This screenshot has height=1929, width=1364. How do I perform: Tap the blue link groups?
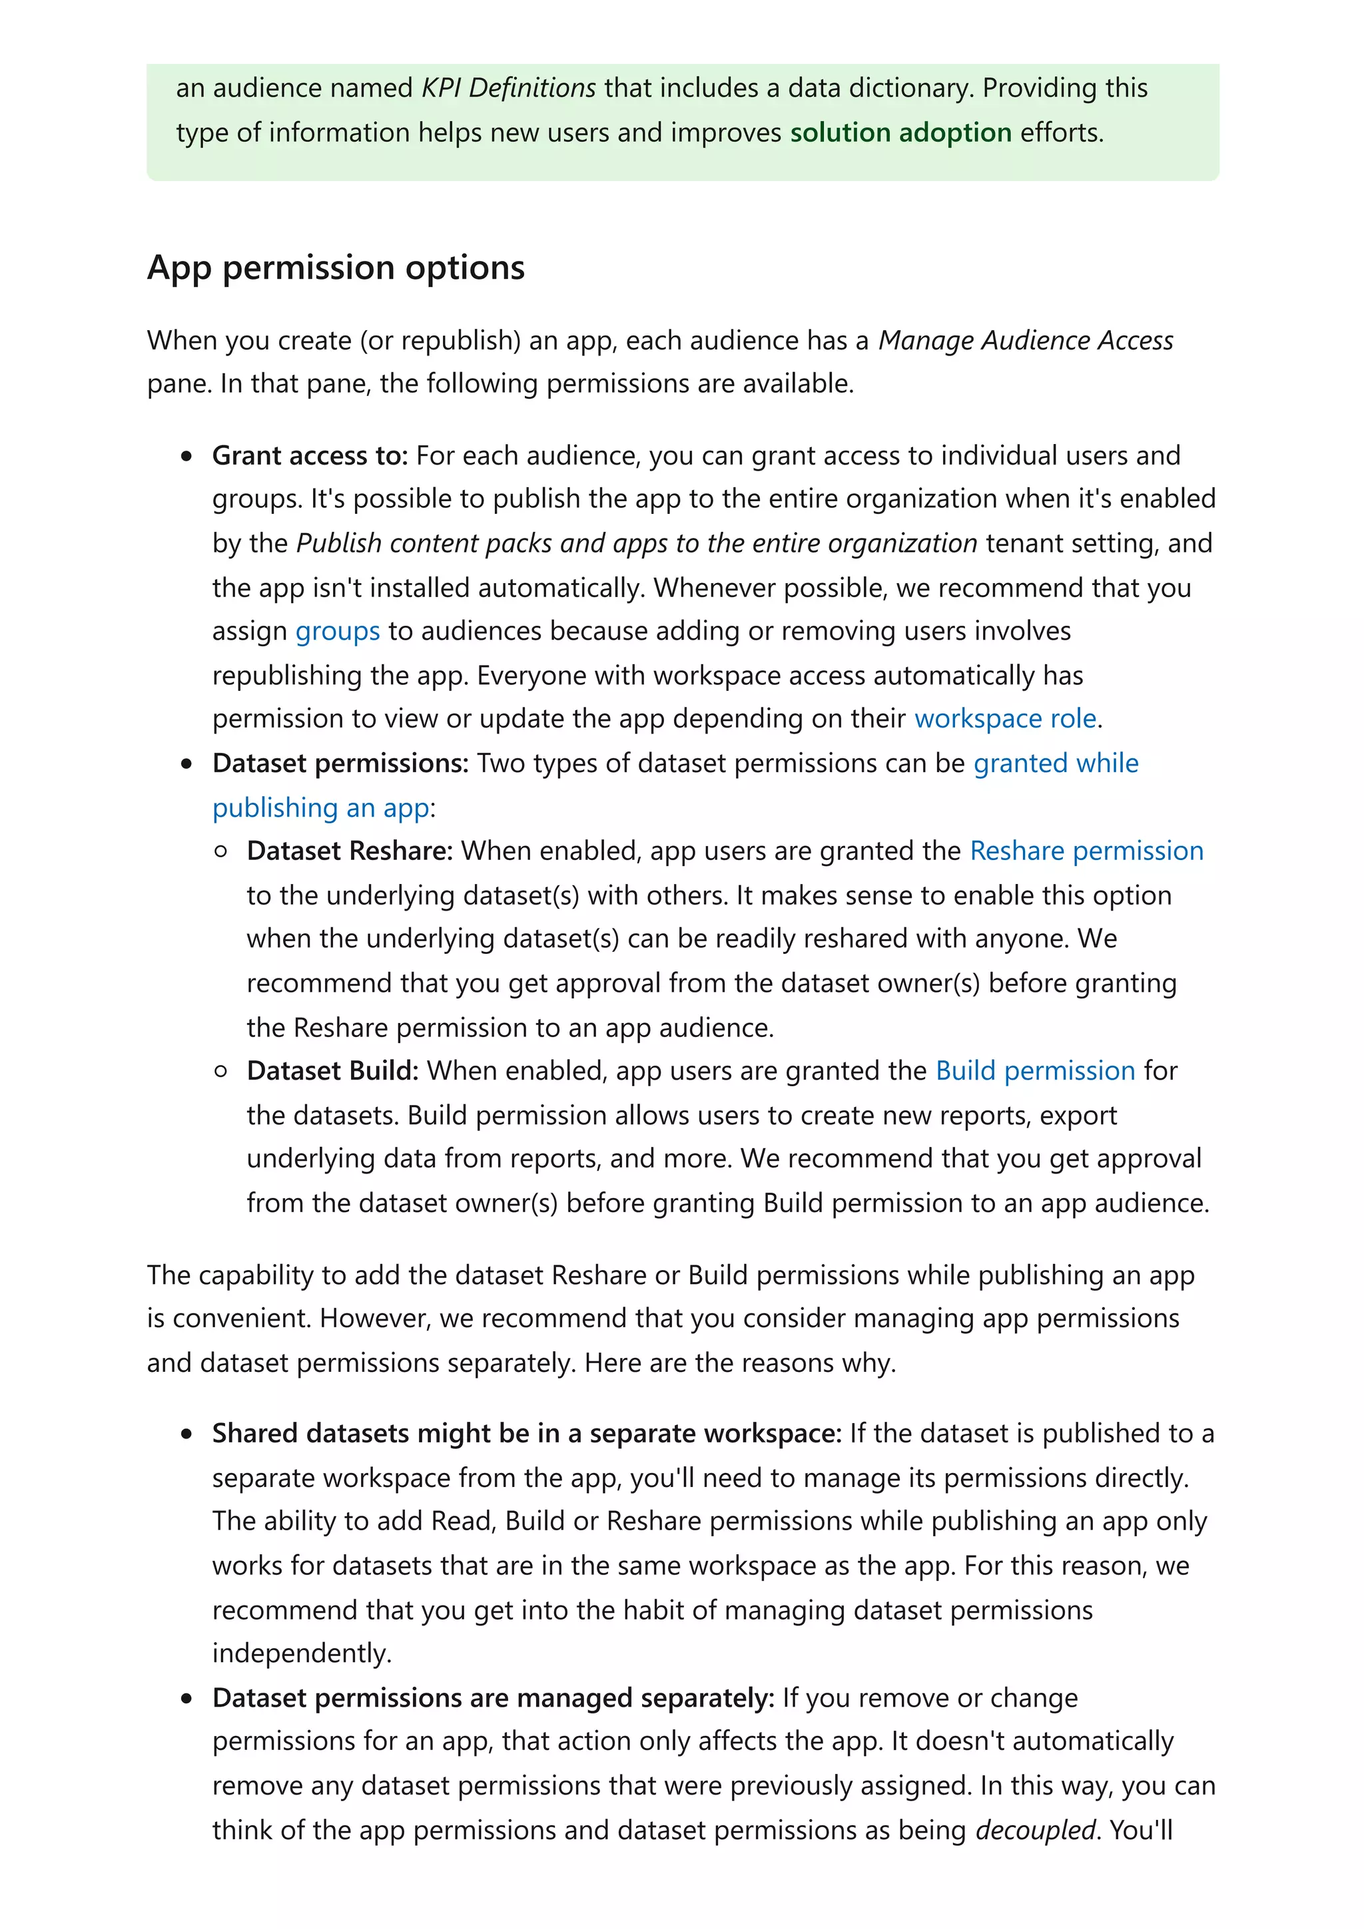click(x=337, y=630)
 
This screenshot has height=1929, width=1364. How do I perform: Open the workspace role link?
click(x=1005, y=718)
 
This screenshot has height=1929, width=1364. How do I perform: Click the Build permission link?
click(x=1036, y=1070)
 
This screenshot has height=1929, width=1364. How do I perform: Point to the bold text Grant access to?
click(x=309, y=455)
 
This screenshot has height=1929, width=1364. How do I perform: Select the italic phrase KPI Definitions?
click(x=508, y=87)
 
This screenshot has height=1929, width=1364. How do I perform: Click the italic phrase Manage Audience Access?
click(x=1025, y=340)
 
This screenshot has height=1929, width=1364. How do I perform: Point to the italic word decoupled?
click(x=1036, y=1829)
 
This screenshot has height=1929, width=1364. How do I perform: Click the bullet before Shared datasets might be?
click(x=186, y=1434)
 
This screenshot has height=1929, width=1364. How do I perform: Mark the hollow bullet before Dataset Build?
click(x=220, y=1071)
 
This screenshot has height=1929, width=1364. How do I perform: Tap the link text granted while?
click(x=1056, y=763)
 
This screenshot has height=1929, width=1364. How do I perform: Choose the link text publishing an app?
click(x=320, y=807)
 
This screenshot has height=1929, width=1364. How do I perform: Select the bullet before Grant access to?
click(x=186, y=456)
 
